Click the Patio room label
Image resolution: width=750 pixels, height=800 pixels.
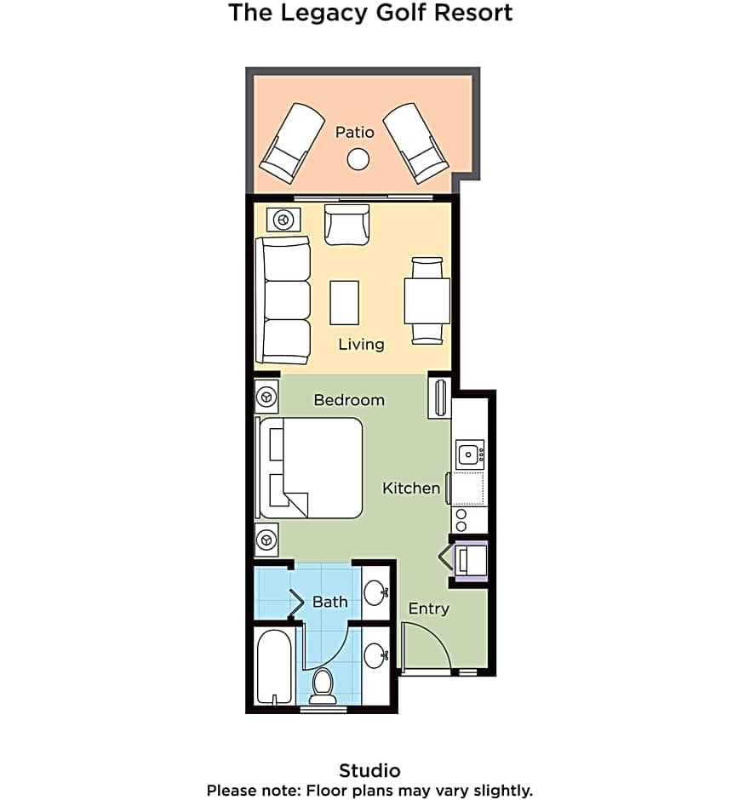[355, 132]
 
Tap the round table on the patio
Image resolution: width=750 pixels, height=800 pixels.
[358, 159]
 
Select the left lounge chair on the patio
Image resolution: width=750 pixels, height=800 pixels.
[292, 143]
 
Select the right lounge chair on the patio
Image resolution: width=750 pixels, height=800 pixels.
[415, 143]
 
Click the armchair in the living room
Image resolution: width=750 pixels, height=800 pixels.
[347, 225]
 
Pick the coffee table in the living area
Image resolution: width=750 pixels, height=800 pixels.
[345, 302]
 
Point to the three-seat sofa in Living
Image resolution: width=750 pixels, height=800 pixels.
[283, 300]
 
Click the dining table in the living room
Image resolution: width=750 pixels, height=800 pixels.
[427, 300]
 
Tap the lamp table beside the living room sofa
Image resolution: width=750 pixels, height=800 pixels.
[283, 220]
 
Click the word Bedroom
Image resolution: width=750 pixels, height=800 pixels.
[349, 400]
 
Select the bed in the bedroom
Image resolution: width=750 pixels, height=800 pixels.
[309, 468]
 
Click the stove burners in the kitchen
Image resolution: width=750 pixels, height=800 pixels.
[461, 520]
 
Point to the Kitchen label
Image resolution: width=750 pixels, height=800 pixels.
[411, 489]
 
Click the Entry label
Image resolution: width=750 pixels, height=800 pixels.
[428, 609]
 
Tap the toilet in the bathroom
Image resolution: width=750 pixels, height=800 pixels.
[323, 686]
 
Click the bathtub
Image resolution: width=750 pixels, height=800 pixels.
[274, 667]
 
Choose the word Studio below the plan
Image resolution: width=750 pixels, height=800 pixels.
[370, 770]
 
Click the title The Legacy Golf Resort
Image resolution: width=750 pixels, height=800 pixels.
[370, 13]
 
